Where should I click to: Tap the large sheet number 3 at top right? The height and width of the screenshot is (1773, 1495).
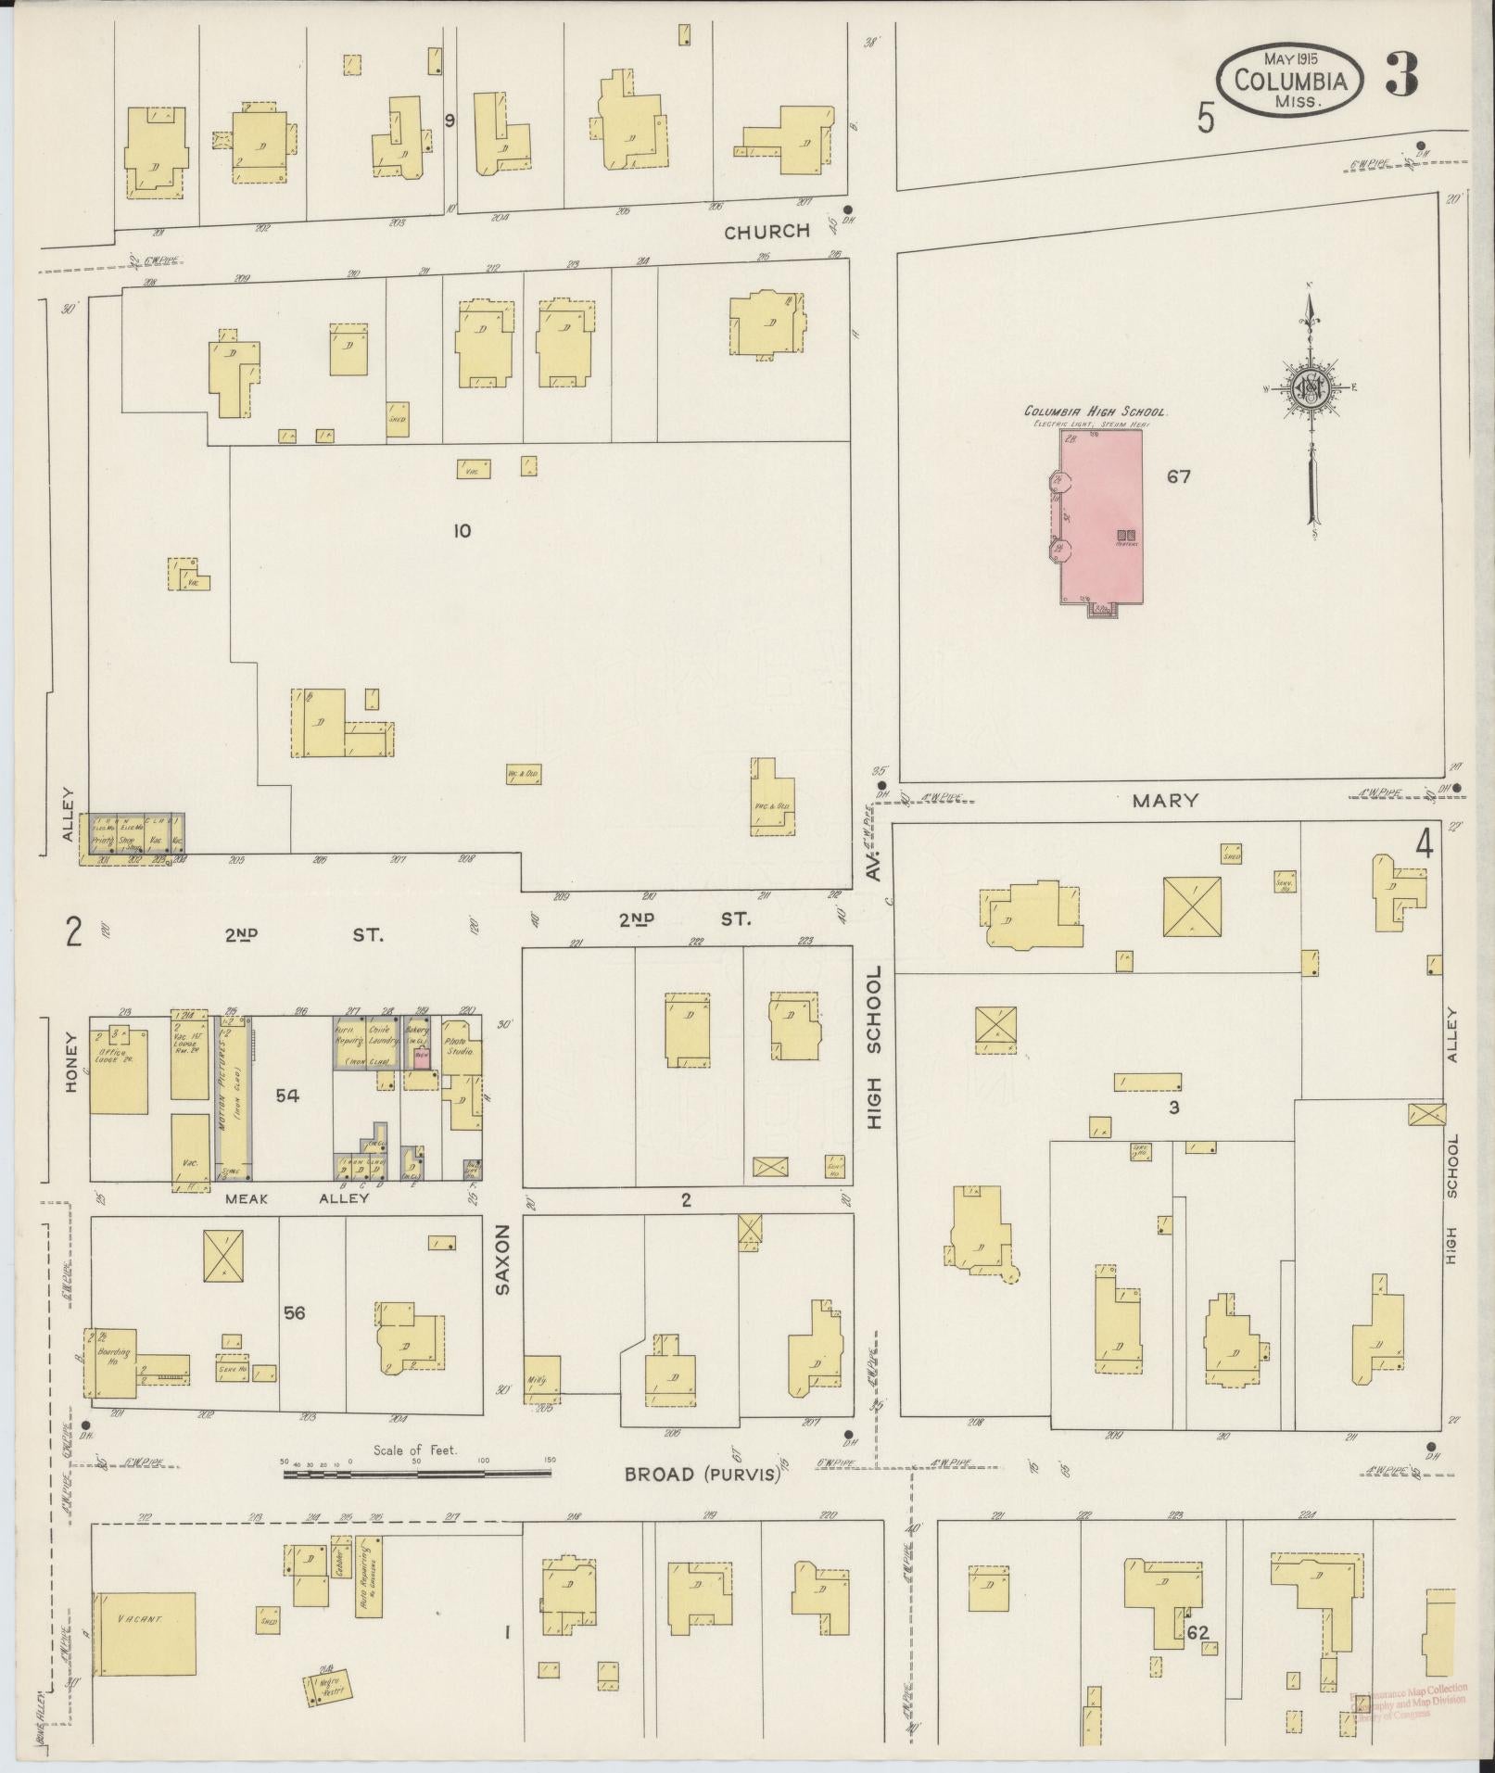click(x=1401, y=76)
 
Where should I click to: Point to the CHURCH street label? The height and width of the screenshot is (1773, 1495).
click(x=767, y=232)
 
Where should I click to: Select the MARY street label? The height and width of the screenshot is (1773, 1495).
click(x=1166, y=800)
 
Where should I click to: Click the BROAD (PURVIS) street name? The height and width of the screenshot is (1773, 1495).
click(x=702, y=1474)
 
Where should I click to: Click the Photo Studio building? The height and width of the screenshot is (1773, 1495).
click(x=461, y=1045)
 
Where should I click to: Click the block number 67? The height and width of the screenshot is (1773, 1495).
click(x=1179, y=478)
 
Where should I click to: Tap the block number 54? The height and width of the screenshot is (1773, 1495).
click(x=287, y=1096)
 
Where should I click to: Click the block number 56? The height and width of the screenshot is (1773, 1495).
click(x=295, y=1312)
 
